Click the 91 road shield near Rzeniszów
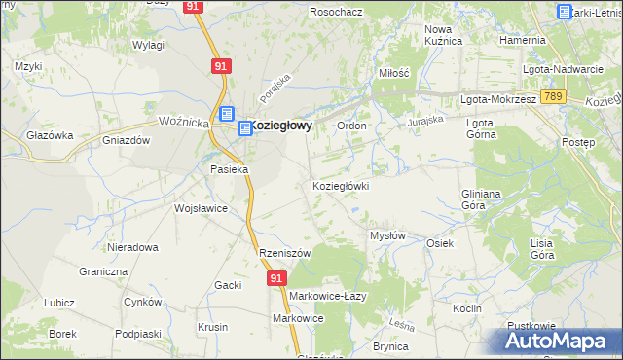click(275, 279)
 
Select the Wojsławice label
click(201, 208)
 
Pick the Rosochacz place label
click(336, 13)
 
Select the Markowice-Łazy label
click(326, 296)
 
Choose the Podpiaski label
click(137, 334)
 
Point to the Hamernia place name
click(522, 40)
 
